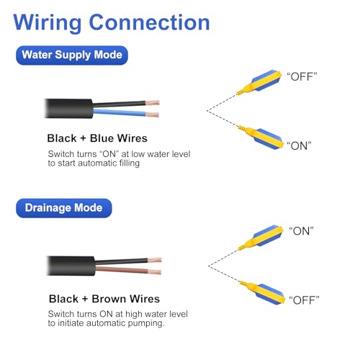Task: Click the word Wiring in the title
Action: (48, 23)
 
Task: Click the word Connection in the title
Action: (149, 22)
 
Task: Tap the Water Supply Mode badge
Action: (72, 55)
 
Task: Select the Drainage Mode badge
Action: (64, 208)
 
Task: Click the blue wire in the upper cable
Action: (120, 112)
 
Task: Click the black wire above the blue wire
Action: (119, 104)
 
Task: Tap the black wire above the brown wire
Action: (122, 261)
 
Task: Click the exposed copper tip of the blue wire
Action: (153, 114)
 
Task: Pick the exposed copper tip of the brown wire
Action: (155, 272)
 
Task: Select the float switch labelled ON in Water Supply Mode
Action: (261, 138)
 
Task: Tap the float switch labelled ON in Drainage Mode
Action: (261, 237)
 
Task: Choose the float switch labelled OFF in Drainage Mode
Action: (263, 292)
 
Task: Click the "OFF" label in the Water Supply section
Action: (302, 76)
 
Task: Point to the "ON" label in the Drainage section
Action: (301, 231)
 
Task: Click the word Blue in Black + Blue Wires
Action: (103, 138)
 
